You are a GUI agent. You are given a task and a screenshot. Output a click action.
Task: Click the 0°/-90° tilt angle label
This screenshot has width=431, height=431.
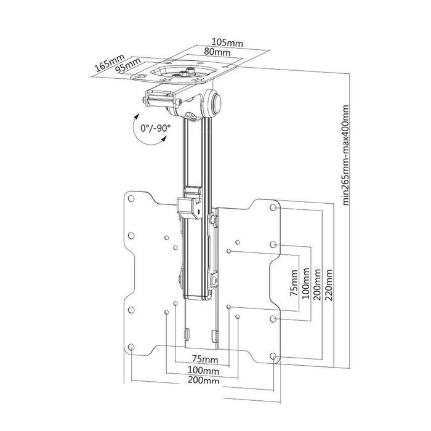[155, 128]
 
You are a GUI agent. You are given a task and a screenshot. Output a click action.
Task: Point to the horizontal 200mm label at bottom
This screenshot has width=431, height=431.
[203, 382]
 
